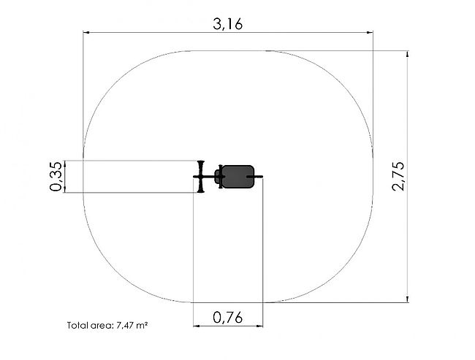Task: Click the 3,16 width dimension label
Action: pos(228,24)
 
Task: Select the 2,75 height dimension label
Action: pos(398,176)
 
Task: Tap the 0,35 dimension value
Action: pos(56,176)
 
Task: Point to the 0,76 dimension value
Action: pos(228,318)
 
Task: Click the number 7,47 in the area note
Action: pos(125,326)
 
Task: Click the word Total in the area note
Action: pos(76,326)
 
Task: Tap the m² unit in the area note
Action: pos(142,325)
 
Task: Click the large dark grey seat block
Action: pos(237,177)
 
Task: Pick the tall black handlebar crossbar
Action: pos(200,177)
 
